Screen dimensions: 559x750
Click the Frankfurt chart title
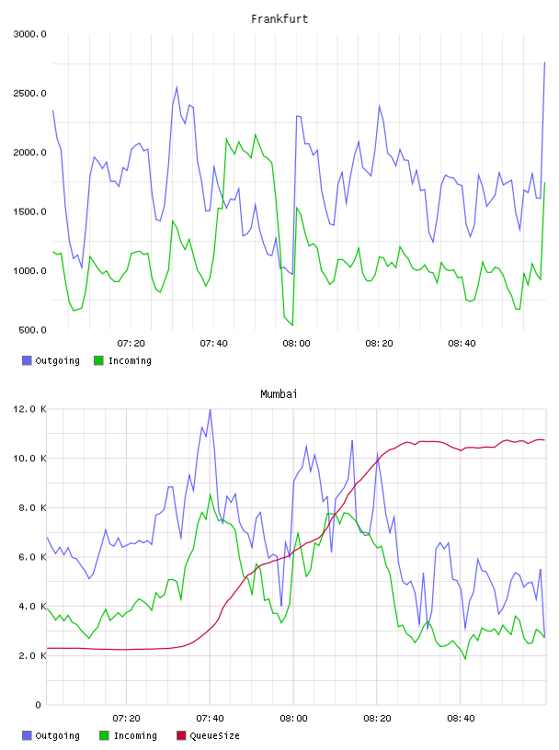pos(279,19)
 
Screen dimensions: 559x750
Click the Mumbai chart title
pos(279,394)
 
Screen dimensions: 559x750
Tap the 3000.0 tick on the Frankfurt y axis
pos(30,34)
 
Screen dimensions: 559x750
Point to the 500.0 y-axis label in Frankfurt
pos(32,330)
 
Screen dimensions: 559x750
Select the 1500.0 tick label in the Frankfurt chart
pos(30,212)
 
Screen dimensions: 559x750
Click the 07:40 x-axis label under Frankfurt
pos(214,344)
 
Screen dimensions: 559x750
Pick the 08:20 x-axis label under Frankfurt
pos(379,344)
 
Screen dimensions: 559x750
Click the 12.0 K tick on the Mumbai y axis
pos(30,409)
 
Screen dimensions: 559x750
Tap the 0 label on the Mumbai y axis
pos(39,705)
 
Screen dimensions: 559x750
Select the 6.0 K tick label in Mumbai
pos(32,557)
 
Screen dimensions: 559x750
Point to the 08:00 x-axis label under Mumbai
pos(293,719)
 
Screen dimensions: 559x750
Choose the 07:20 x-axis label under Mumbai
pos(126,719)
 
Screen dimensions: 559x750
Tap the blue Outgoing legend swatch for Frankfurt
pos(27,360)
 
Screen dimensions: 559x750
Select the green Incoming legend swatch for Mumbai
pos(104,735)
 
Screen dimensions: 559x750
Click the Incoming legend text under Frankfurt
pos(130,360)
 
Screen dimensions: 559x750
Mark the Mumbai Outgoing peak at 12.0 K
pos(210,409)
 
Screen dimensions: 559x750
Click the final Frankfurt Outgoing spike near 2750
pos(544,62)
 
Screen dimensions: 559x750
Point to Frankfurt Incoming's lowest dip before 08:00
pos(292,325)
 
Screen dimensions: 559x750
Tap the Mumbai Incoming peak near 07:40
pos(211,494)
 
